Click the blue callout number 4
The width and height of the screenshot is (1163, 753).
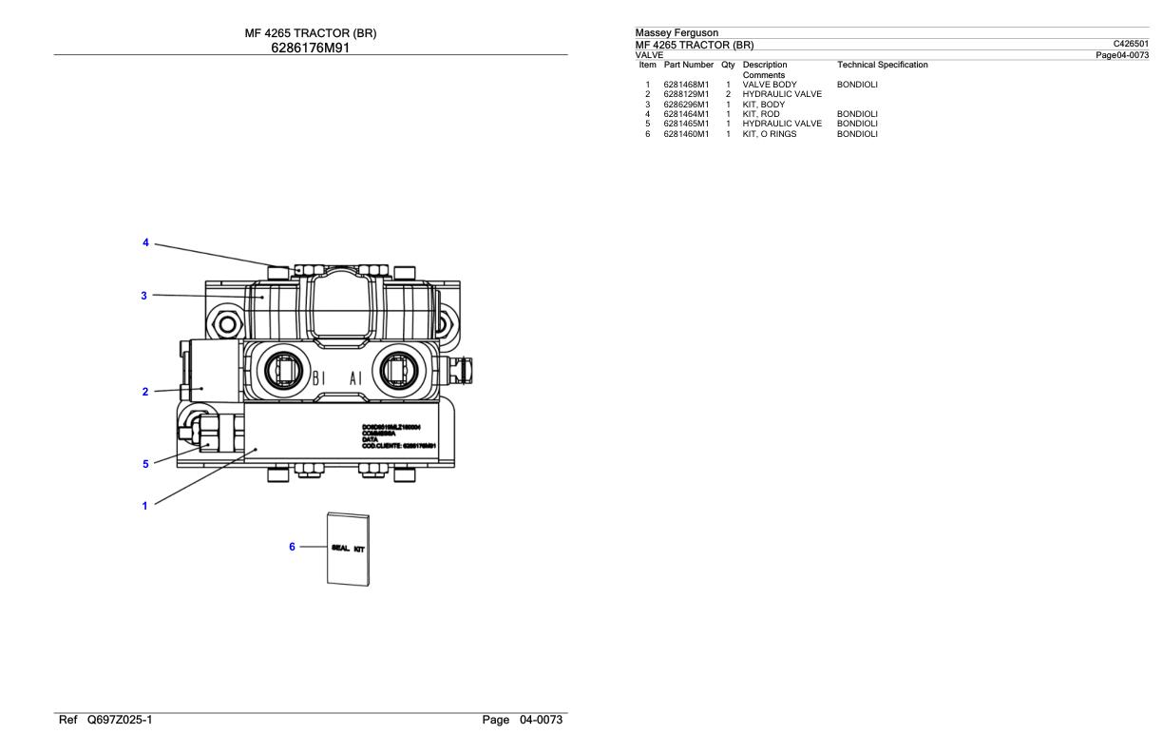(x=145, y=242)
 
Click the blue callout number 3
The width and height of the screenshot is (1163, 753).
(x=143, y=296)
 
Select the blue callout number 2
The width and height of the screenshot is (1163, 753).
(x=144, y=391)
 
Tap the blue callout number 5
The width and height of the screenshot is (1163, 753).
(x=145, y=464)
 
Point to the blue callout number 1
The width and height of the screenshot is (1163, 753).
(x=144, y=506)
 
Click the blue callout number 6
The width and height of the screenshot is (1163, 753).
(x=293, y=547)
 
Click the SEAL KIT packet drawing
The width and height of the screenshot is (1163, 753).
(x=348, y=550)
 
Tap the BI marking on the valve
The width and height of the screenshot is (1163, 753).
(x=319, y=377)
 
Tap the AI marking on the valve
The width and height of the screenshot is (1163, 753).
(x=356, y=377)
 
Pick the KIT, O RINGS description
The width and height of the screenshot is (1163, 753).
(x=770, y=134)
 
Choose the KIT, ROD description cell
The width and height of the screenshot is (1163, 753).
(x=761, y=114)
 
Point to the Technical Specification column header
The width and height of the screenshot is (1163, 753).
(x=882, y=65)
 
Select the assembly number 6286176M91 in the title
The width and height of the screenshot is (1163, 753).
(x=310, y=47)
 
